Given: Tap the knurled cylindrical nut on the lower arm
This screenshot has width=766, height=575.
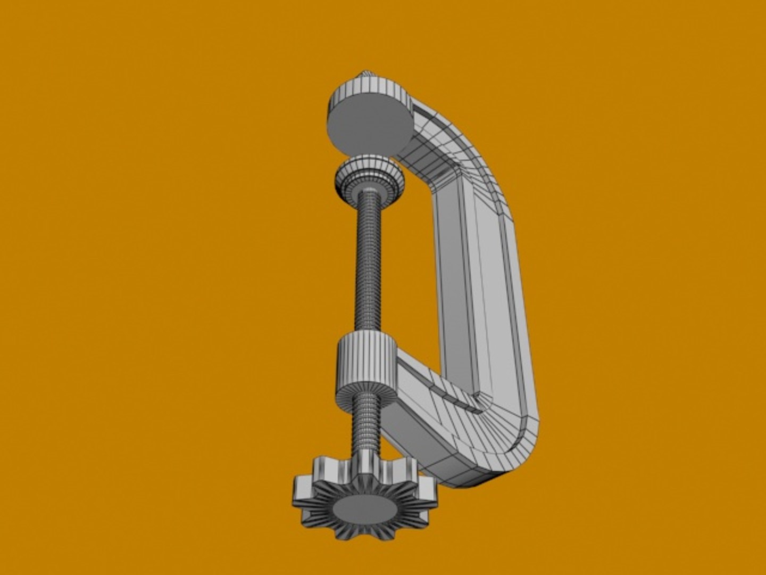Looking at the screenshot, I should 366,359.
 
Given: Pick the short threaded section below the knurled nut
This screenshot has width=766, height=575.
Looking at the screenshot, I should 367,421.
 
